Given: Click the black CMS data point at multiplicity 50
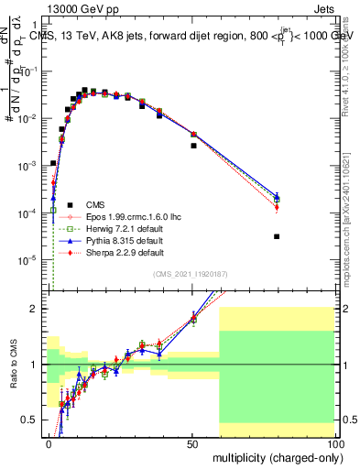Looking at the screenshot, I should click(193, 146).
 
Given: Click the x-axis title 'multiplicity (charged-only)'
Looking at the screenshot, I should click(275, 456).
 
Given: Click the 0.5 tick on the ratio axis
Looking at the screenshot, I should click(34, 420).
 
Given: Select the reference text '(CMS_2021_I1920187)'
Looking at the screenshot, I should click(192, 274).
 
